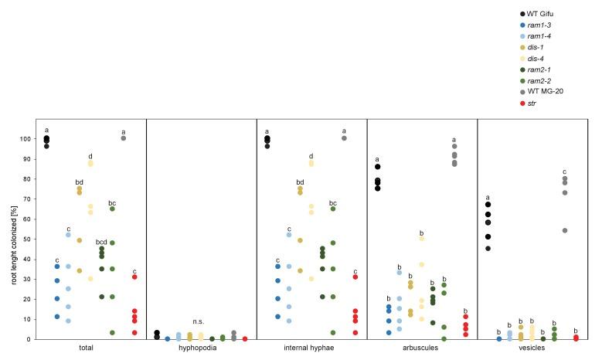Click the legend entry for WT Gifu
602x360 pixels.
click(542, 14)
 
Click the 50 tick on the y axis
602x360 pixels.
click(28, 239)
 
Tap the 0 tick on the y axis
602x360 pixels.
click(30, 339)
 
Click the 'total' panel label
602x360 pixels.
click(87, 348)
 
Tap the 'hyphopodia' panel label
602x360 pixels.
click(201, 348)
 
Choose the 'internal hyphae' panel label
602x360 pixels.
click(311, 348)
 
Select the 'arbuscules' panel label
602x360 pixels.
click(421, 348)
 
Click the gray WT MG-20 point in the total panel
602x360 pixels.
click(124, 138)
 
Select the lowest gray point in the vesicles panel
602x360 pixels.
click(565, 230)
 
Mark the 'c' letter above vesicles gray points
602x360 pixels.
click(565, 172)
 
